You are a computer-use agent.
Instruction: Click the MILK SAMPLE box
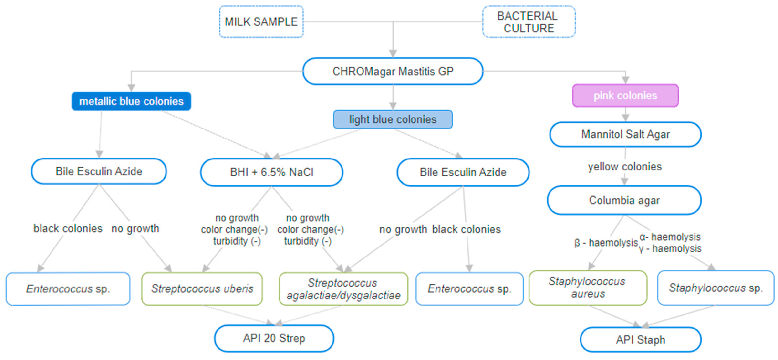click(261, 22)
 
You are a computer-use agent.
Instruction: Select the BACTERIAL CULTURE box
click(529, 22)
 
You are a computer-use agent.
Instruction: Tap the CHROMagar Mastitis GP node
click(393, 71)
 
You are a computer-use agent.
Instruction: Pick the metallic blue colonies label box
click(131, 101)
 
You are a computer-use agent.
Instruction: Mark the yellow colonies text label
click(625, 167)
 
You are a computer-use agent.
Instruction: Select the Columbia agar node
click(624, 200)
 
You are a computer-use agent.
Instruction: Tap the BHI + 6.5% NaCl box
click(271, 172)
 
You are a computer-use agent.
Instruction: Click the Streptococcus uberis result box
click(202, 289)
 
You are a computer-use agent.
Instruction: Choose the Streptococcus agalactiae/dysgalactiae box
click(343, 289)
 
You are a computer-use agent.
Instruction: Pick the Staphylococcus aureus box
click(588, 288)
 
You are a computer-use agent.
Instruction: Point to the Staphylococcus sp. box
click(716, 288)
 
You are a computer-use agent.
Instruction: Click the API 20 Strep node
click(274, 338)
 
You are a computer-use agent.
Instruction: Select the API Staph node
click(640, 340)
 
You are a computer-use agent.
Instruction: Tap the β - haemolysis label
click(606, 243)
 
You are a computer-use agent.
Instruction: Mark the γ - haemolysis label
click(670, 249)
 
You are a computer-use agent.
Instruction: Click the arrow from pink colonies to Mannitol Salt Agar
click(625, 114)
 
